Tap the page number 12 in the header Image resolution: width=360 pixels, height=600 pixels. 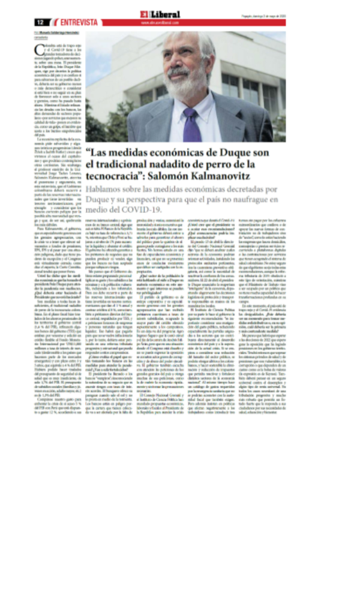40,22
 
